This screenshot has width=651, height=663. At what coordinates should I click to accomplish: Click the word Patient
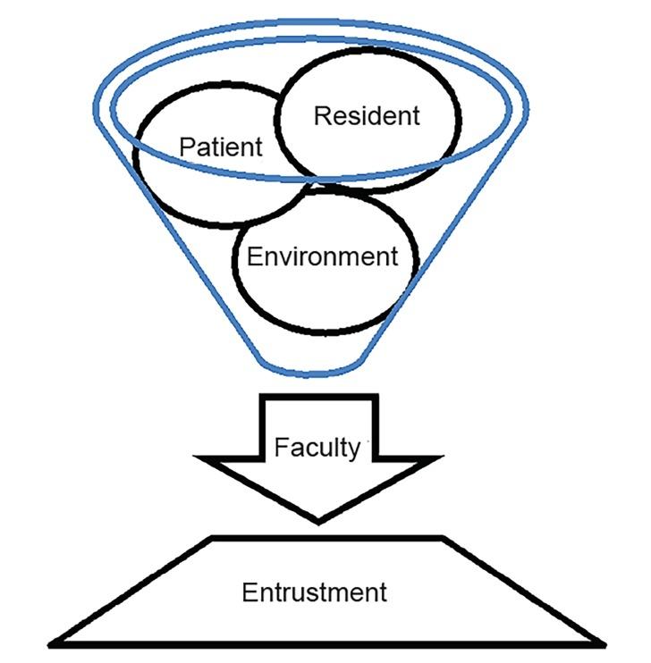(221, 146)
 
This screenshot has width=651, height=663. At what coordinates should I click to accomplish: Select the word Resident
(366, 115)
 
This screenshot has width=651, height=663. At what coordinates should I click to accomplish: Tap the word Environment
(322, 257)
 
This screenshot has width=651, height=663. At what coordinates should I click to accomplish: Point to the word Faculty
(317, 447)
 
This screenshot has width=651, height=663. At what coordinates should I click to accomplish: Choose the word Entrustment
(315, 592)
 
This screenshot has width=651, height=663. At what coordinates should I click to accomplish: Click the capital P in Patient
(187, 146)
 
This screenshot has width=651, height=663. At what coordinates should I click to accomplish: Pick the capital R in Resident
(321, 115)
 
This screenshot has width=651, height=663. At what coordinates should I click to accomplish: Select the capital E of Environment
(254, 257)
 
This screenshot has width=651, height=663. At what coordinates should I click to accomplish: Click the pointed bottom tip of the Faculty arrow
(319, 520)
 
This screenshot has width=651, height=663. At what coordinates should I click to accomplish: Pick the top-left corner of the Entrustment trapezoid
(213, 538)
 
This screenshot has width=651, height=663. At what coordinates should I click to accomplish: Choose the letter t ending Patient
(259, 146)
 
